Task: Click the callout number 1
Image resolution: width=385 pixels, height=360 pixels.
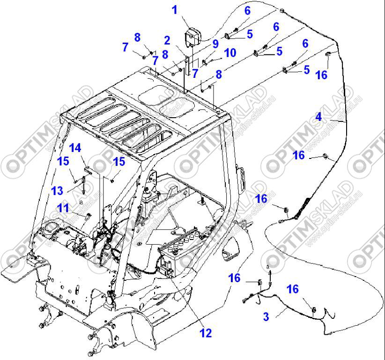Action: coord(174,9)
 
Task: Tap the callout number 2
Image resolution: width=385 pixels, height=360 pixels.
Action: coord(167,40)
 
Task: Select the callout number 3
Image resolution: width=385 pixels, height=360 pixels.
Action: coord(266,317)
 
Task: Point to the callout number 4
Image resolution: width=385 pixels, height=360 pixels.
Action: coord(318,116)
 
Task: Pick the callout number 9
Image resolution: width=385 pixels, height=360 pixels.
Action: coord(215,44)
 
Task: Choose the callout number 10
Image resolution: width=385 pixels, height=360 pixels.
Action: coord(230,52)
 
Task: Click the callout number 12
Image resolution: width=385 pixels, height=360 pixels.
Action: coord(205,333)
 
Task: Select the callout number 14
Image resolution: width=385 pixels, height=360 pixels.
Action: coord(75,149)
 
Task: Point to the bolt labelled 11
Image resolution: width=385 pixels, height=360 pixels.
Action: coord(88,217)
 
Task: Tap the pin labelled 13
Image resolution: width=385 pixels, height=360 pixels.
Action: coord(83,186)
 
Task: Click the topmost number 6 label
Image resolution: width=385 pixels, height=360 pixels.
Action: coord(247,10)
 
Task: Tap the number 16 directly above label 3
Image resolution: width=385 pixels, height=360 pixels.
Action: coord(292,289)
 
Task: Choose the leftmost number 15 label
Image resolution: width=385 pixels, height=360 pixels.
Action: coord(63,161)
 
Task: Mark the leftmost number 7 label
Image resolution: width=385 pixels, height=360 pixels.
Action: coord(125,47)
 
